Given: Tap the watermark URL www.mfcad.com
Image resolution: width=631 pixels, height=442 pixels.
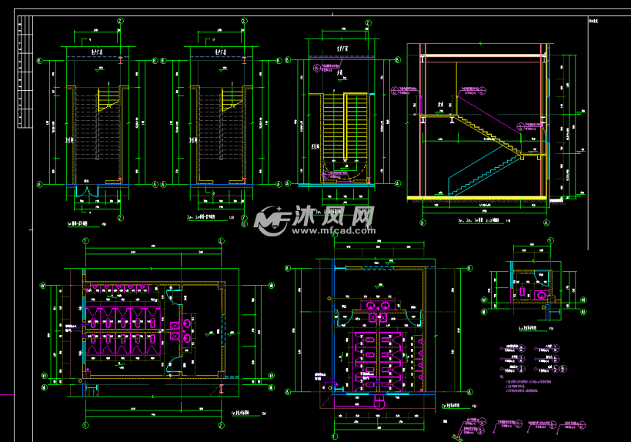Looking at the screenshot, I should click(x=332, y=229).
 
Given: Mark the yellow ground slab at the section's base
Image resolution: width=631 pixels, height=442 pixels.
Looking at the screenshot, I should click(x=477, y=198).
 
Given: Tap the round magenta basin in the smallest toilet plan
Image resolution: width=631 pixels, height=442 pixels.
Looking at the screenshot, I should click(x=543, y=295).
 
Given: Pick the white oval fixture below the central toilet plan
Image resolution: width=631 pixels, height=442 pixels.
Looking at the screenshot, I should click(x=378, y=401).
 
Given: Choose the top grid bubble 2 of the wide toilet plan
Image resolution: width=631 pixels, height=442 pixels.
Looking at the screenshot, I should click(x=221, y=241).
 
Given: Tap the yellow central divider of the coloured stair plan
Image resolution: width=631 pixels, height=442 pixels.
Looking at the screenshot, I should click(x=344, y=127).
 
